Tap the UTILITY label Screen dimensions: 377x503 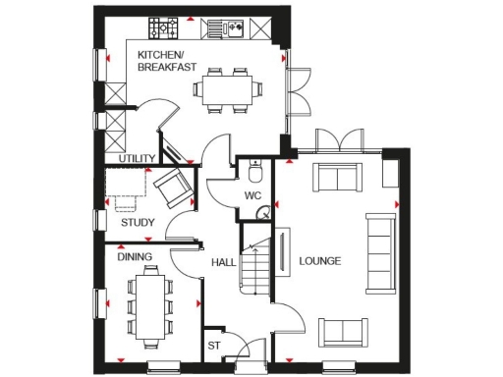(x=137, y=157)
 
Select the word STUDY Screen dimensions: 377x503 (x=139, y=222)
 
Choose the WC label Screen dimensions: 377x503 (x=252, y=195)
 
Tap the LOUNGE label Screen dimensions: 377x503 (x=320, y=261)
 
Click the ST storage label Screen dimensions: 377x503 (x=212, y=346)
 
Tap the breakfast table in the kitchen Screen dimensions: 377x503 (x=227, y=89)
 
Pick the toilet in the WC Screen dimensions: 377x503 (x=254, y=173)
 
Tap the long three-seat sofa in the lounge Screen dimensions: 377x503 (x=377, y=251)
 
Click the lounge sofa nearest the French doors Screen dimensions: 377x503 (x=334, y=178)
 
